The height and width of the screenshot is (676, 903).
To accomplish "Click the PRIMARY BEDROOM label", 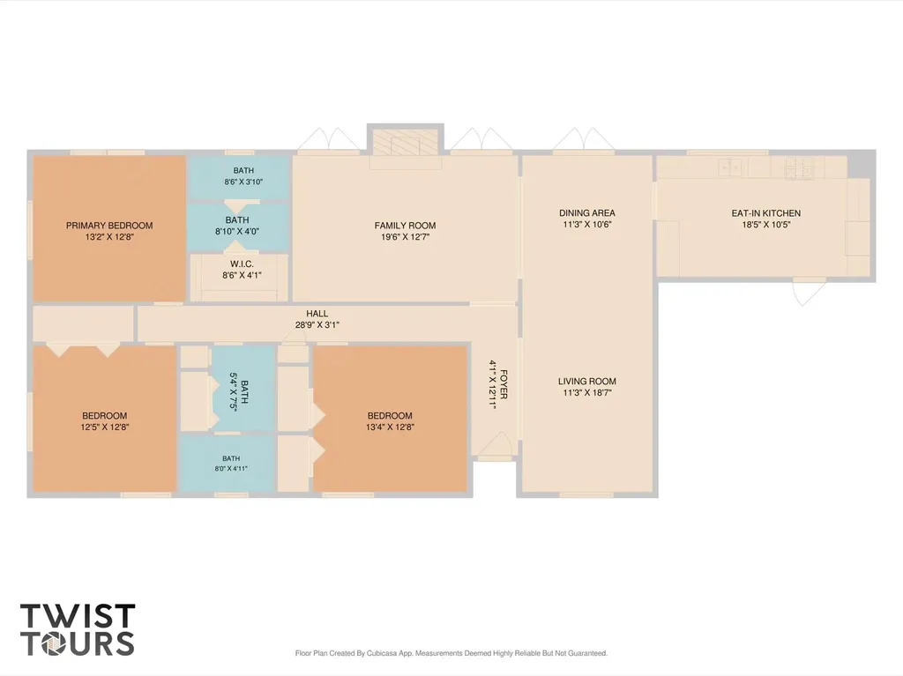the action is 109,225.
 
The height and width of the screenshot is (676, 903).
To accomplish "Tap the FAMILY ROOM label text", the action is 405,225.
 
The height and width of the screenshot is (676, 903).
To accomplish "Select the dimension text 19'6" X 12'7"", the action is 405,237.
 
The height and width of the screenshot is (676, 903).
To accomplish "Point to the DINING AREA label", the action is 586,212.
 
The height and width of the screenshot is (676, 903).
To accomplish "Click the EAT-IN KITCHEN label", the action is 766,213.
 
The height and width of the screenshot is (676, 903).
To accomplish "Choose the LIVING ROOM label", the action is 586,381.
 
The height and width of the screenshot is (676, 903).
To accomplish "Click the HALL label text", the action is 317,313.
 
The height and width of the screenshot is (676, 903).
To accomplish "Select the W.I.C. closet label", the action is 242,264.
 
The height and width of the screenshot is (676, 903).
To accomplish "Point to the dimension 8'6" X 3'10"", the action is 243,182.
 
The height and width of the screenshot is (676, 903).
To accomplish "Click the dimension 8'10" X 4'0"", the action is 237,232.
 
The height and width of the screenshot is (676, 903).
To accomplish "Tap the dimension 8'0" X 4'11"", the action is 231,468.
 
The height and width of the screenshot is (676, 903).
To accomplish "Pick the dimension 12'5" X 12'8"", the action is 105,427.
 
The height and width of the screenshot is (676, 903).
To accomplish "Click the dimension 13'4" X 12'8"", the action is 390,427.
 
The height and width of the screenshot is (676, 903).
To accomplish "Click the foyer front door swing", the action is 496,444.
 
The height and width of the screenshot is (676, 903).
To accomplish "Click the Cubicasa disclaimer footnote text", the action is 451,653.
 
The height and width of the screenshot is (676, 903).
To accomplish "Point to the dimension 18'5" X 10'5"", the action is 766,225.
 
